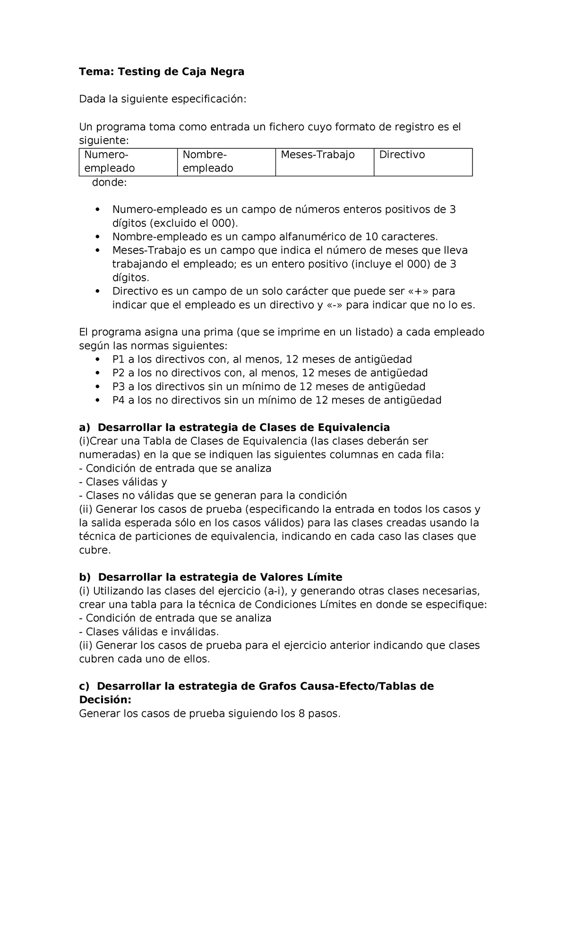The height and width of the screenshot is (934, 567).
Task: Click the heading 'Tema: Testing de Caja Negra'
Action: (162, 72)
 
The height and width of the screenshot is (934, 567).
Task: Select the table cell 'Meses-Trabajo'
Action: (317, 155)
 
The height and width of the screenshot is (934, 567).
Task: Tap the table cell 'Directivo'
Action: (402, 155)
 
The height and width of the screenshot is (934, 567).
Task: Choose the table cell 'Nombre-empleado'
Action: (207, 162)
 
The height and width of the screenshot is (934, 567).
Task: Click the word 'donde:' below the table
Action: (109, 182)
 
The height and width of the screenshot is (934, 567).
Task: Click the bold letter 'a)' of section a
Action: (85, 428)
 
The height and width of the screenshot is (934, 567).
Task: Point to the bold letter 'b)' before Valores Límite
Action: (85, 577)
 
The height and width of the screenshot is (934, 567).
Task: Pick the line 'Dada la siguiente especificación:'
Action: (163, 99)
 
